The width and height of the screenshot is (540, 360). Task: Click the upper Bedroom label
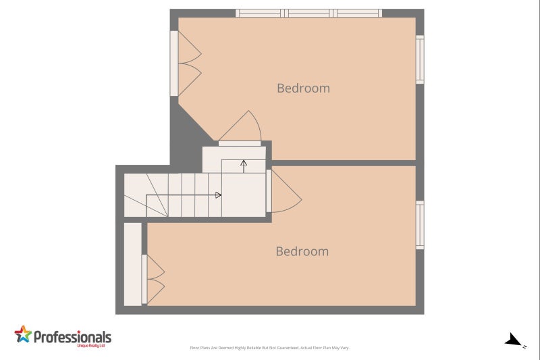[303, 88]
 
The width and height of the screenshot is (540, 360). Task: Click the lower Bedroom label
[302, 251]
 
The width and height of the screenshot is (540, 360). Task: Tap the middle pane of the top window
[309, 13]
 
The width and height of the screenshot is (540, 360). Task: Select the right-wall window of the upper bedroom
[420, 59]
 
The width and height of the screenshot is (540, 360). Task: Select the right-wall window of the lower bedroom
[420, 225]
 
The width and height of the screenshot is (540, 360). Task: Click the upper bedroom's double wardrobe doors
[188, 63]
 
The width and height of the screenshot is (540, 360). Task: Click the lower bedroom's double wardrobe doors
[155, 280]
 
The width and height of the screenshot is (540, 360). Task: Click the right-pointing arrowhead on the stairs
[218, 195]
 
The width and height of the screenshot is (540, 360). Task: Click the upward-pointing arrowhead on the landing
[243, 163]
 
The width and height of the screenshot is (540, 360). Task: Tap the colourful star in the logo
[23, 334]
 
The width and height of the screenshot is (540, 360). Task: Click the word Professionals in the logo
[72, 336]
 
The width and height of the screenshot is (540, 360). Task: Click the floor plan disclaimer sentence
[269, 348]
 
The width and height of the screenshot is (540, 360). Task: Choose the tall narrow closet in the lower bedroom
[133, 264]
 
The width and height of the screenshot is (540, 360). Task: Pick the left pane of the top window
[259, 13]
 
